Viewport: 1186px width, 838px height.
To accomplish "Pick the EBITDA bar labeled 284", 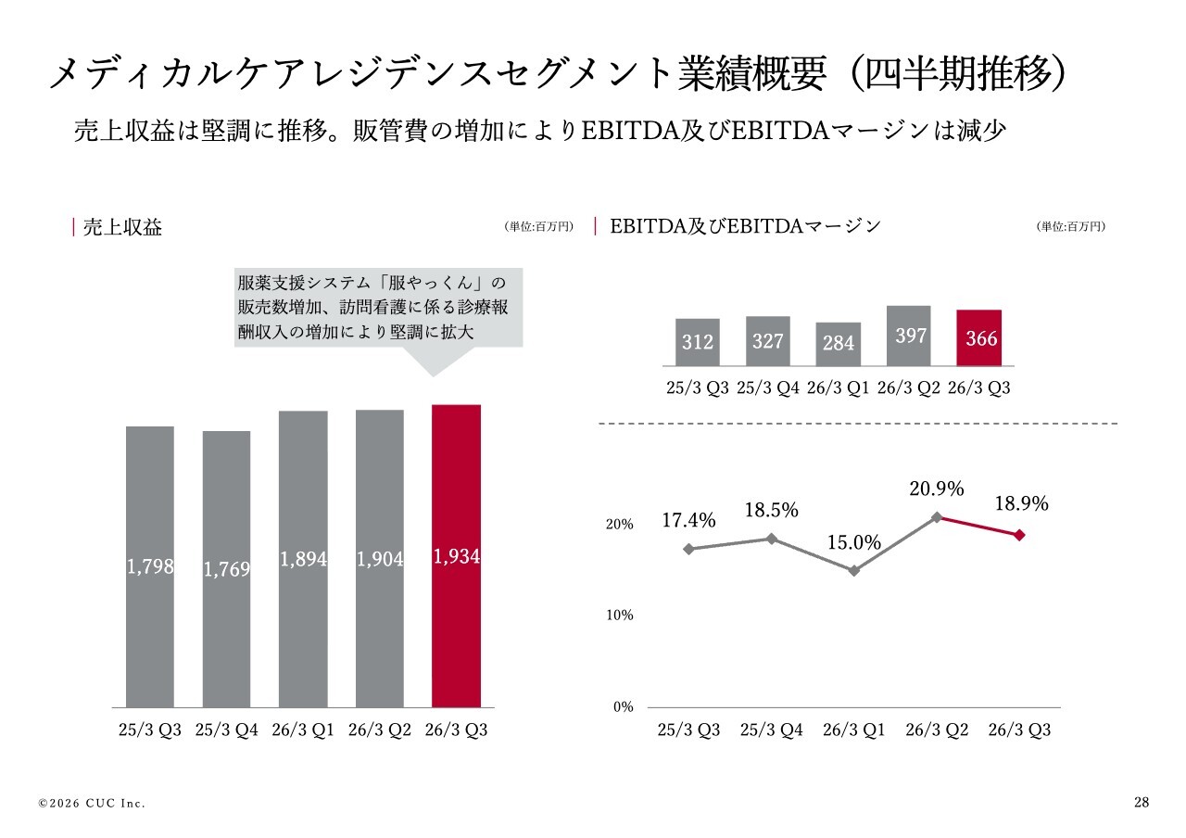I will (x=839, y=344).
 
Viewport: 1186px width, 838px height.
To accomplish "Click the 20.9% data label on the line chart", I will (x=936, y=489).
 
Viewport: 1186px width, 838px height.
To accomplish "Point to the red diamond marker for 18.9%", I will (x=1019, y=535).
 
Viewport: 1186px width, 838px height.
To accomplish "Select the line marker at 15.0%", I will (x=854, y=571).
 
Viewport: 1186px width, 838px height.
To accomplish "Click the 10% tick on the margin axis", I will (x=621, y=616).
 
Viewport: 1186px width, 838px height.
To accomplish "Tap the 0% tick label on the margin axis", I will (x=624, y=707).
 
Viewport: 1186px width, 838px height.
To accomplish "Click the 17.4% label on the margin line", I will (x=688, y=521).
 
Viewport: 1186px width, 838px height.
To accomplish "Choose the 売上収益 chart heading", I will (x=122, y=227).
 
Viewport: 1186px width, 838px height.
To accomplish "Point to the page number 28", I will (x=1141, y=803).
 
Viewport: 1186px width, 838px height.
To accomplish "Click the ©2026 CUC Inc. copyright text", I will (x=92, y=804).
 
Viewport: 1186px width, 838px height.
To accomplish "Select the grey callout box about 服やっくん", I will (x=378, y=308).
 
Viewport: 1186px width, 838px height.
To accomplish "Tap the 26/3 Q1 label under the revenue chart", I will (x=303, y=730).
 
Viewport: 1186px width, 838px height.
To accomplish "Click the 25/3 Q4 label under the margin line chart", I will (x=771, y=730).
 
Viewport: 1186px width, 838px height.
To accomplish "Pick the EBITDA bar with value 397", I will (x=909, y=336).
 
